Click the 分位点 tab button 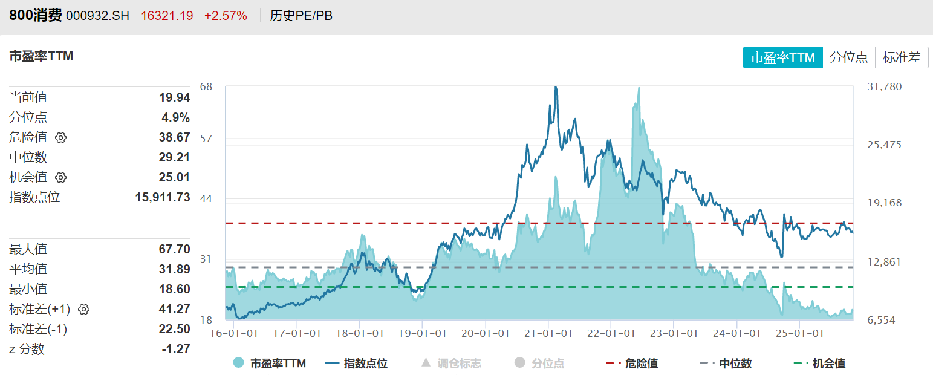point(849,57)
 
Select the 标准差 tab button point(902,57)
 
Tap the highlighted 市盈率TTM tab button point(783,57)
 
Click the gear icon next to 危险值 point(60,137)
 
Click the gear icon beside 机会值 point(60,177)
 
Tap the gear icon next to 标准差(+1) point(84,309)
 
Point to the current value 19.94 point(175,97)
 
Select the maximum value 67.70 point(175,249)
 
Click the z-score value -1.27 point(176,349)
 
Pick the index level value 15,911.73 point(163,197)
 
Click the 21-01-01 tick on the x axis point(548,333)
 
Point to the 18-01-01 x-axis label point(359,333)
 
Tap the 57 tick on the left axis point(206,139)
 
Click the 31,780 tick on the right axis point(884,86)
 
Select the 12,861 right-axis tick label point(884,262)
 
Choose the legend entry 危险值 point(632,364)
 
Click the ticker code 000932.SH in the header point(97,16)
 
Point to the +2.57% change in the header point(226,16)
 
